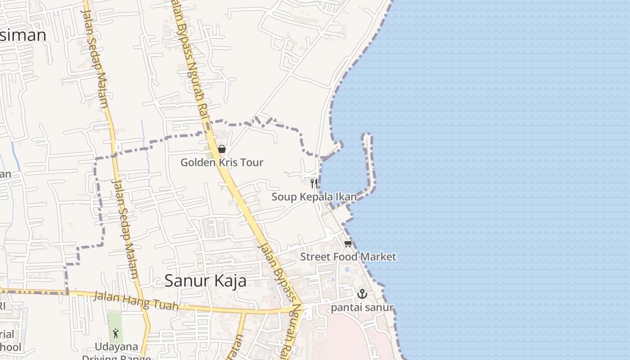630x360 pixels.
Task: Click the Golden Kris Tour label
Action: [x=222, y=162]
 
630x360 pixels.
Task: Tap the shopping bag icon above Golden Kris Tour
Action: [x=221, y=149]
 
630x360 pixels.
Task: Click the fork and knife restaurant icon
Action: [x=314, y=183]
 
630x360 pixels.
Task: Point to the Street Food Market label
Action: [x=348, y=256]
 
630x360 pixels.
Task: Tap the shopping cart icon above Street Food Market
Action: [x=347, y=244]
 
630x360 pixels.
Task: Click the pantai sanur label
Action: [x=362, y=308]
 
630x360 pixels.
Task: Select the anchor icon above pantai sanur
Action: [x=362, y=294]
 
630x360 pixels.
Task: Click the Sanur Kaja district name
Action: [x=205, y=280]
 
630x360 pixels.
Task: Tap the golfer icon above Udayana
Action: [x=116, y=333]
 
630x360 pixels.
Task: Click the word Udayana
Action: [x=116, y=346]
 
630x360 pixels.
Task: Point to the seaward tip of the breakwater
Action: [x=367, y=135]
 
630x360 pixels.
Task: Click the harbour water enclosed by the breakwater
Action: [x=346, y=171]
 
